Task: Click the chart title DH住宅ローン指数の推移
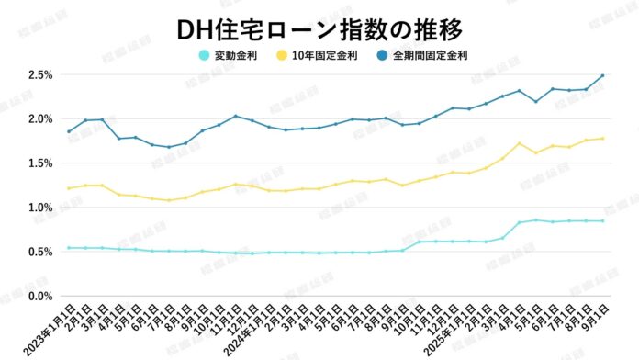319,28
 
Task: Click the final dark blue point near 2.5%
602,75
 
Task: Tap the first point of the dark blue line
69,131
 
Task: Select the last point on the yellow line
602,139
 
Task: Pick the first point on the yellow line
69,188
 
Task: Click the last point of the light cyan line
602,220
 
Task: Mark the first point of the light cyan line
69,248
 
